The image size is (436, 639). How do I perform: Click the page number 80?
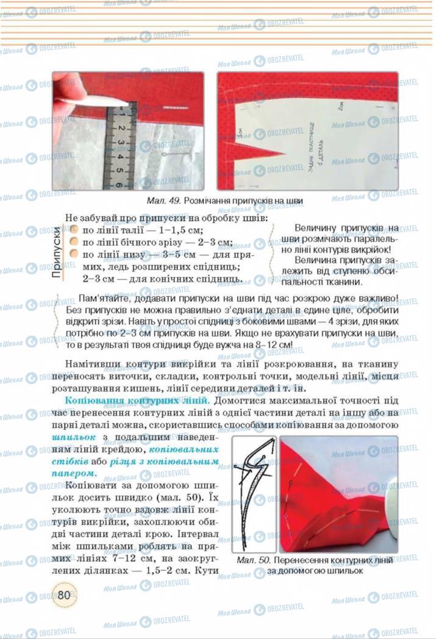[62, 594]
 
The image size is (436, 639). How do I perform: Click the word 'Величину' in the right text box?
[315, 227]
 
